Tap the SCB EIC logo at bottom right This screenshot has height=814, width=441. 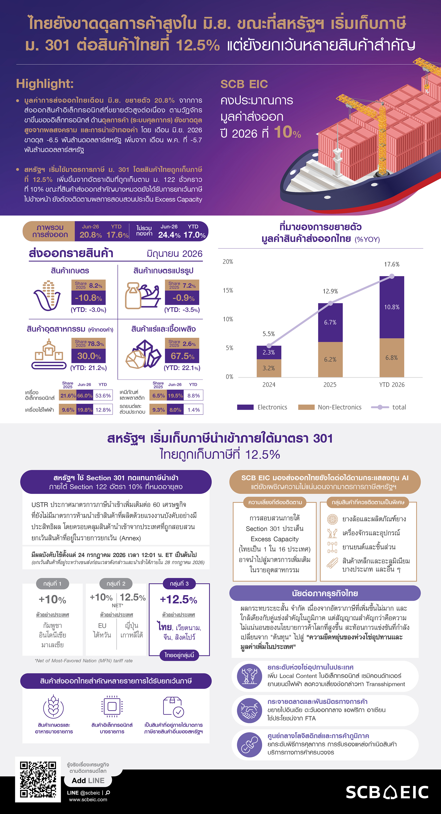point(387,792)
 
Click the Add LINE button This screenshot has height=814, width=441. point(88,780)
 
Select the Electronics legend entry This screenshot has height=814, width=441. point(262,407)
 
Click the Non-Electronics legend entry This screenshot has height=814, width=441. point(330,407)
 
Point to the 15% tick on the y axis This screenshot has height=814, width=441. point(228,291)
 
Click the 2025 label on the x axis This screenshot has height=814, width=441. point(330,384)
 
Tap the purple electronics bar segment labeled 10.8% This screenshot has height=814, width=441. point(392,307)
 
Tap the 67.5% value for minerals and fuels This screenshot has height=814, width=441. point(183,356)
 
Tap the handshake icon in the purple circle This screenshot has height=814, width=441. point(249,710)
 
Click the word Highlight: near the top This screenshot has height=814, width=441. point(45,84)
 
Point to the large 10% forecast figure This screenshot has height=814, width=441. point(287,132)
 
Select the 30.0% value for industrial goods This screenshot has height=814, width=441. point(89,356)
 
